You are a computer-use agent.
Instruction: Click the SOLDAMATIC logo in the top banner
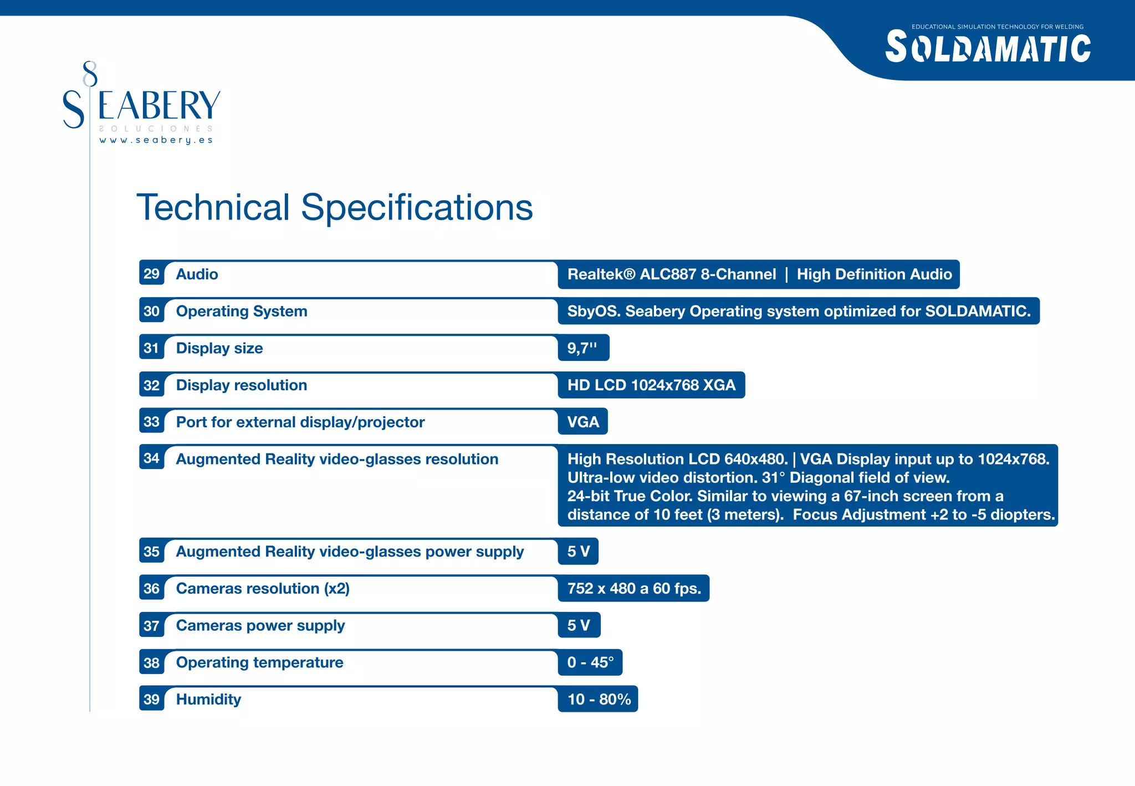click(988, 48)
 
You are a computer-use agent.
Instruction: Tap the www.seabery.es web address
click(156, 140)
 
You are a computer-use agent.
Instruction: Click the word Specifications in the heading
click(416, 207)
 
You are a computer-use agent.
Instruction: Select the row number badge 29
click(151, 274)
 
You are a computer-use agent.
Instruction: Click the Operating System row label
click(241, 312)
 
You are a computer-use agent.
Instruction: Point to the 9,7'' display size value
click(582, 348)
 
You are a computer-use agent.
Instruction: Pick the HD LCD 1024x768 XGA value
click(651, 385)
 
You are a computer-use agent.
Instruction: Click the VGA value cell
click(583, 422)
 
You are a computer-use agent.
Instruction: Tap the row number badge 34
click(151, 458)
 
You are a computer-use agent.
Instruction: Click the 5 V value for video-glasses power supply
click(578, 552)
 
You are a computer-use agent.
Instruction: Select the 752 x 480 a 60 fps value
click(634, 589)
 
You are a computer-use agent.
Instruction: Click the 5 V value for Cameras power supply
click(578, 626)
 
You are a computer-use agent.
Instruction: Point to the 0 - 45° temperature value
click(590, 662)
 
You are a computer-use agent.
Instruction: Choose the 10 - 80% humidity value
click(599, 700)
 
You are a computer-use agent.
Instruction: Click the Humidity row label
click(208, 700)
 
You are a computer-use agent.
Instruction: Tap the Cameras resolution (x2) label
click(263, 589)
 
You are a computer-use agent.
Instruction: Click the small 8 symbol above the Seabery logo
click(90, 74)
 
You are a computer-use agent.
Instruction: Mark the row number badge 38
click(151, 663)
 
